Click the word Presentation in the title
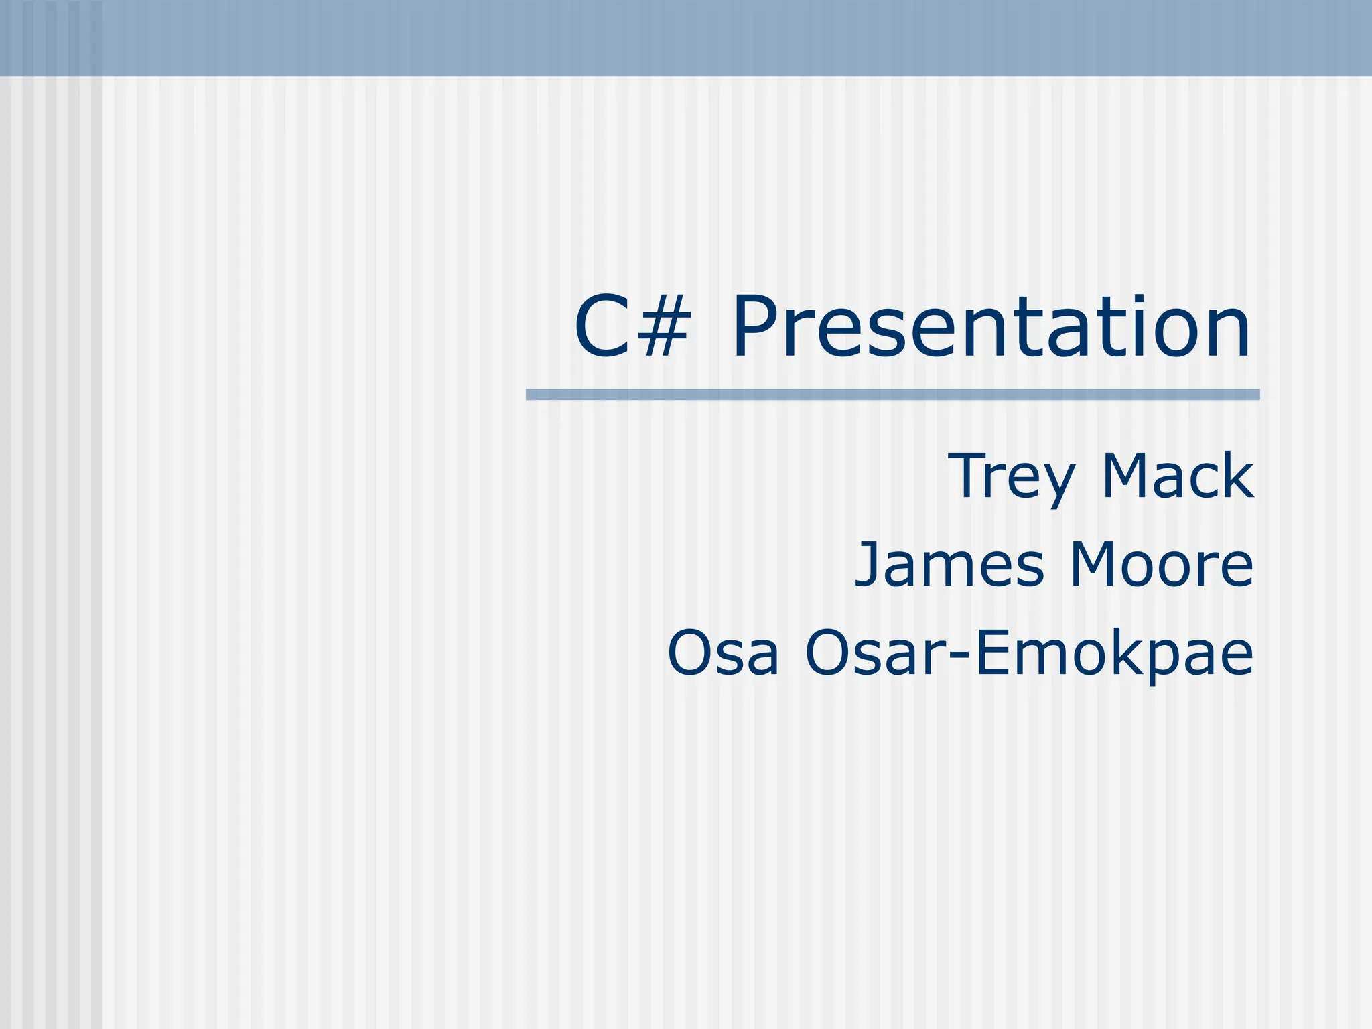pos(990,327)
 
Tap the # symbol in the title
pos(659,327)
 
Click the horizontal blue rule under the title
pos(892,395)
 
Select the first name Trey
pos(1011,477)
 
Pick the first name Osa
pos(724,653)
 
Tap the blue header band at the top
pos(686,38)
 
